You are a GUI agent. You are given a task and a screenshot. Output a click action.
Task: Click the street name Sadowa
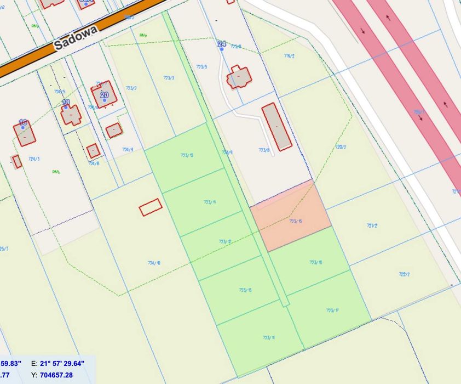[x=76, y=37]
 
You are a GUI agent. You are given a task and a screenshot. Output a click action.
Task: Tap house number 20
[x=105, y=94]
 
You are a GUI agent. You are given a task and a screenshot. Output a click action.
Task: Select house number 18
[x=23, y=122]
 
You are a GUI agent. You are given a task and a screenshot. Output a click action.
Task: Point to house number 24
[x=221, y=43]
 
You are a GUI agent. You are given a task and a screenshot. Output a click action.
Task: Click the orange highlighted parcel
[x=291, y=217]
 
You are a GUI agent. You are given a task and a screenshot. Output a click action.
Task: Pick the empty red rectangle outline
[x=151, y=207]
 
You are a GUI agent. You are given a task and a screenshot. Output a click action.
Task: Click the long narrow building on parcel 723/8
[x=276, y=126]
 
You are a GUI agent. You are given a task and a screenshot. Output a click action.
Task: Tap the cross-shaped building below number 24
[x=239, y=77]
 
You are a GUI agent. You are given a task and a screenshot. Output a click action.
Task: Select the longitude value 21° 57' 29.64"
[x=62, y=363]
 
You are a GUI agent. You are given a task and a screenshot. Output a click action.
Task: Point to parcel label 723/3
[x=169, y=77]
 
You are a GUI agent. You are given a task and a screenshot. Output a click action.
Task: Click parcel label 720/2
[x=341, y=146]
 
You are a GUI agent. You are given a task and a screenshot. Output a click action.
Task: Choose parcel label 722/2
[x=405, y=274]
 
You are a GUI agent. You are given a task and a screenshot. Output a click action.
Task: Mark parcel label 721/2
[x=372, y=225]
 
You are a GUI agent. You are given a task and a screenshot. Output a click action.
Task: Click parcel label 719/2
[x=290, y=55]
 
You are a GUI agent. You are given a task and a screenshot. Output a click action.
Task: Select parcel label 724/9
[x=127, y=149]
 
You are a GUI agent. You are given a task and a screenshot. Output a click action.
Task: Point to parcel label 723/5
[x=201, y=67]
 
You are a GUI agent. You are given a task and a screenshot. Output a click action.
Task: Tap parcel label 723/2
[x=131, y=88]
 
